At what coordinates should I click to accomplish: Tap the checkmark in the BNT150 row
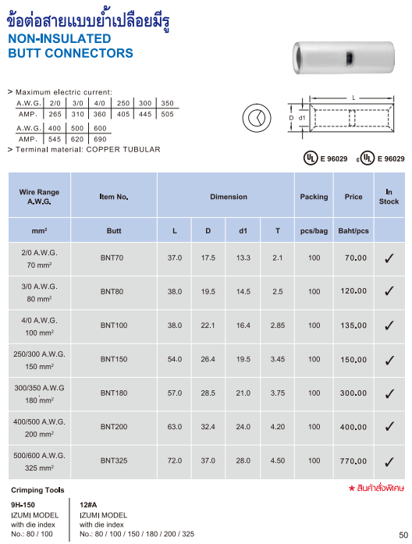(389, 360)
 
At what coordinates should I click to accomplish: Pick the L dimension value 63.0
(175, 427)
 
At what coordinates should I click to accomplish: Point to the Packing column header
(314, 197)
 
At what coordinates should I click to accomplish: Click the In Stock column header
(389, 197)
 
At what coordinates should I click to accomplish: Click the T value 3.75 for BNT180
(278, 393)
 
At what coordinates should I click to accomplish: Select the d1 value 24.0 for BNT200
(243, 427)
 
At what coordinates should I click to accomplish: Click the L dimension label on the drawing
(353, 98)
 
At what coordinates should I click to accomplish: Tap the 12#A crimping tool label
(90, 505)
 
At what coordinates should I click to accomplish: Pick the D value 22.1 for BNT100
(208, 325)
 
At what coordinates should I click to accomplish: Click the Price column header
(353, 197)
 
